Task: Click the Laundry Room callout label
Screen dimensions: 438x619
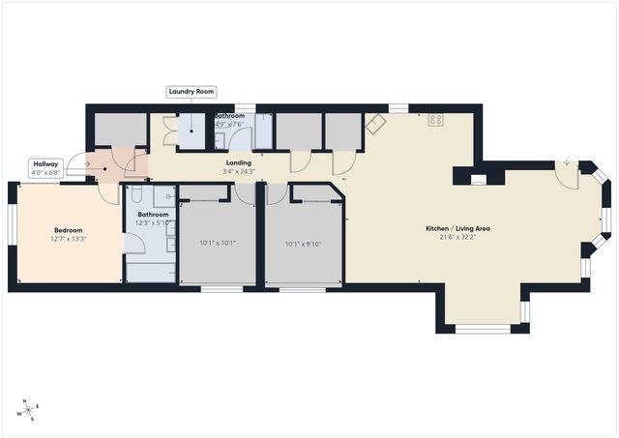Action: (191, 92)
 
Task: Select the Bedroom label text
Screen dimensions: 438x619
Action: (68, 230)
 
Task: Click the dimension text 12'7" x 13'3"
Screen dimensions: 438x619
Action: (68, 239)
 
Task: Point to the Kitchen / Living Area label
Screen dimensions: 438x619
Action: (458, 228)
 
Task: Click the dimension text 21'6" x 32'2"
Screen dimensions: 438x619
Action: (458, 237)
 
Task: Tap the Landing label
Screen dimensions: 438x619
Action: (238, 163)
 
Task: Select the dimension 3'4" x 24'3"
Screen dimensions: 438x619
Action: (238, 172)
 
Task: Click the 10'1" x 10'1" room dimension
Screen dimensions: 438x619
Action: (217, 244)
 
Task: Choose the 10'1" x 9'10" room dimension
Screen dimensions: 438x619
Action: (304, 244)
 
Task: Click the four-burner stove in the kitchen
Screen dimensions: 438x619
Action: (436, 121)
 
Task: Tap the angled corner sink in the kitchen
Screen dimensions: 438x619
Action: (374, 125)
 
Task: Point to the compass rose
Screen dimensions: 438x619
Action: (28, 410)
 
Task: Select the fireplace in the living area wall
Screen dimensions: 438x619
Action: (477, 178)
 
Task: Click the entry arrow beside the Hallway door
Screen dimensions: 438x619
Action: (85, 164)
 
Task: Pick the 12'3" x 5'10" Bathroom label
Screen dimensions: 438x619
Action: (153, 215)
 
